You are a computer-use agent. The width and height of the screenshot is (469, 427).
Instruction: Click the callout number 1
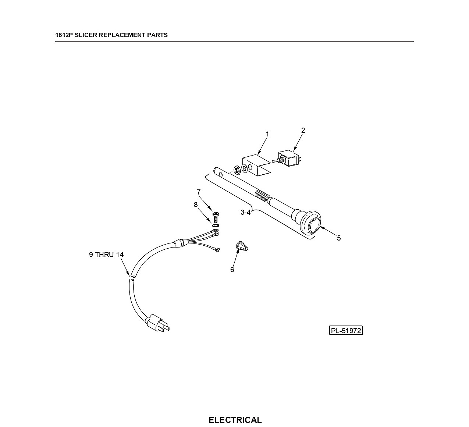[x=267, y=134]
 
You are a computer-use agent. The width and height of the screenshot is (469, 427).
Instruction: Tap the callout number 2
[x=303, y=130]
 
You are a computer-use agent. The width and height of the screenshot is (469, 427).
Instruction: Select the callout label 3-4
[x=245, y=212]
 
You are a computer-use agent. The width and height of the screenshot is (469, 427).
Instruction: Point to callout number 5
[x=339, y=238]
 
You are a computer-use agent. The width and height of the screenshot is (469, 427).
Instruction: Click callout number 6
[x=232, y=270]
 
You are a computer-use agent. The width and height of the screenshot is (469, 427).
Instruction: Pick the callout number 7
[x=199, y=192]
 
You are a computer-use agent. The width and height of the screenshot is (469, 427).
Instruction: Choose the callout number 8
[x=196, y=204]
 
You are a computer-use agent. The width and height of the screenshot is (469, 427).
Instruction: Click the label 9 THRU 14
[x=106, y=255]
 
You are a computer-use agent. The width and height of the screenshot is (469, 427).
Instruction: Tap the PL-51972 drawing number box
[x=346, y=331]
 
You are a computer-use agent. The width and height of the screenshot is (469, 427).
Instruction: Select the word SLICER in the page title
[x=86, y=35]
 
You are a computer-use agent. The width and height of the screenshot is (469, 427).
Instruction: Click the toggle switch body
[x=289, y=158]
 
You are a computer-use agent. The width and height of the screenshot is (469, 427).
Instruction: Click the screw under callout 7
[x=216, y=217]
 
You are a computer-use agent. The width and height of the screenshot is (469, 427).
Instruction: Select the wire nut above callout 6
[x=241, y=246]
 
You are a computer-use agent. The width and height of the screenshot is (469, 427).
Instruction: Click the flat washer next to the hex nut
[x=245, y=168]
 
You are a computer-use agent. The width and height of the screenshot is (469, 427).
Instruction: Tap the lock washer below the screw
[x=216, y=225]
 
